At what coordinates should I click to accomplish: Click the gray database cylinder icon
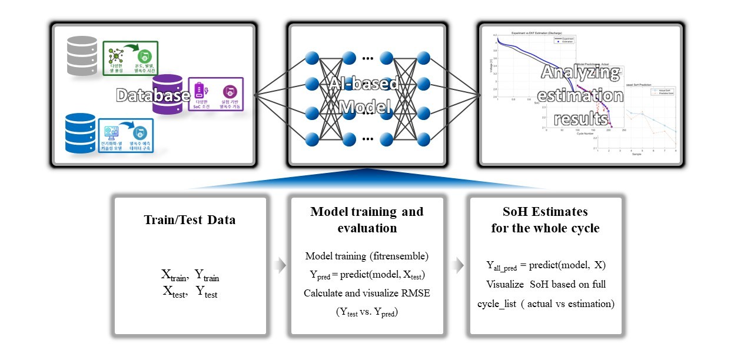[x=82, y=55]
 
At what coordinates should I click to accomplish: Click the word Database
[x=153, y=95]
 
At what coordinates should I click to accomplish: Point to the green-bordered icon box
[x=130, y=58]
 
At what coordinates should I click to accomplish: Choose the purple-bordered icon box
[x=215, y=94]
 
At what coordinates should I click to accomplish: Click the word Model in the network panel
[x=366, y=108]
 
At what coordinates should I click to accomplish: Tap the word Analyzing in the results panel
[x=580, y=73]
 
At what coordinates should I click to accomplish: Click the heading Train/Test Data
[x=190, y=220]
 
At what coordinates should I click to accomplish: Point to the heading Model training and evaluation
[x=367, y=219]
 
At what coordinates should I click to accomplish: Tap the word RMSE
[x=416, y=293]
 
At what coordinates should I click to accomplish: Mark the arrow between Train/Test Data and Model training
[x=281, y=266]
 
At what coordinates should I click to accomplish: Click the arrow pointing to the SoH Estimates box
[x=457, y=266]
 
